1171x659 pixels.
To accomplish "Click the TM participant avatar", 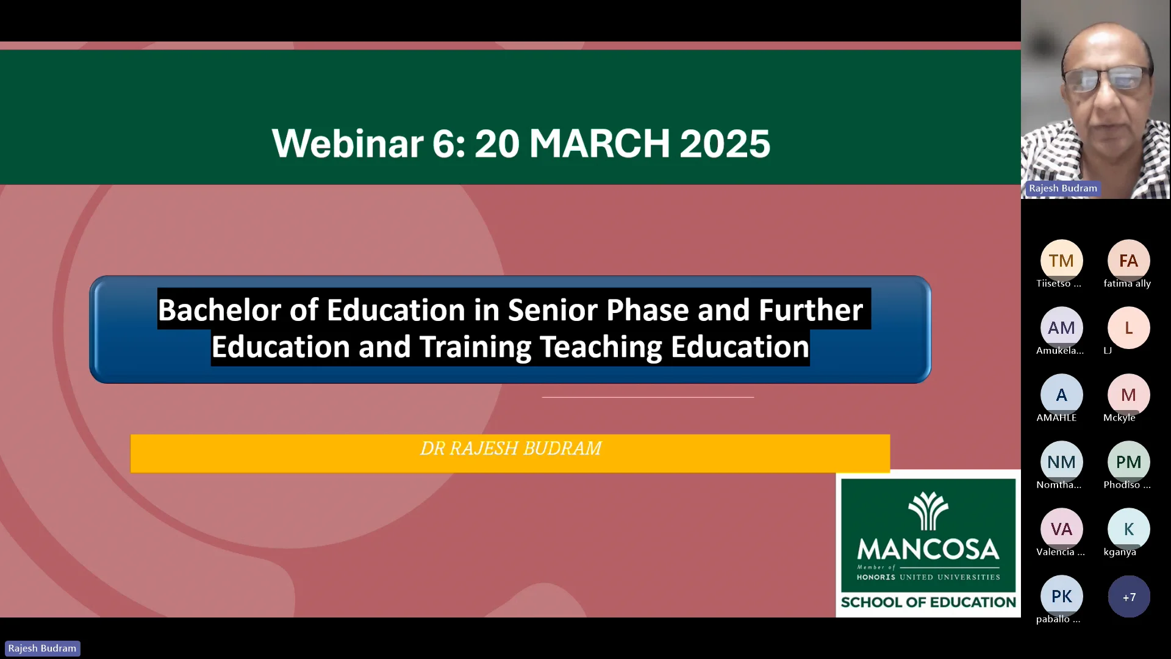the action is [x=1061, y=261].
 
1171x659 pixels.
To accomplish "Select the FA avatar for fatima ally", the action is [x=1128, y=261].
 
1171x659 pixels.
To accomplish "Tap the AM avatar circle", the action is [x=1061, y=328].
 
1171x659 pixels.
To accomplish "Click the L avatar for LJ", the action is [x=1128, y=328].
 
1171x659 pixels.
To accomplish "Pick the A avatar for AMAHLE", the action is [x=1061, y=395].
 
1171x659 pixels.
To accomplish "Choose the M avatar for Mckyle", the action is [x=1128, y=395].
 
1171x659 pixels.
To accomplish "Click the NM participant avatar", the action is [x=1061, y=462].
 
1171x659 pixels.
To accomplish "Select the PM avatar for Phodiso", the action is [x=1128, y=462].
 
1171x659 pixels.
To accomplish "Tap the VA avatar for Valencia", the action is [x=1061, y=529].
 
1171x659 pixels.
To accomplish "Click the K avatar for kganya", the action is [x=1128, y=529].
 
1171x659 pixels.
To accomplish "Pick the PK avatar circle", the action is [x=1061, y=596].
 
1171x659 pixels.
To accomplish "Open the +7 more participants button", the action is [x=1129, y=597].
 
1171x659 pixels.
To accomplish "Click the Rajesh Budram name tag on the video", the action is [x=1062, y=189].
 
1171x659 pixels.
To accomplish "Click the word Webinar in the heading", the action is [x=348, y=143].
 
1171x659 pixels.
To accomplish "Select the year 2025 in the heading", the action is [x=725, y=143].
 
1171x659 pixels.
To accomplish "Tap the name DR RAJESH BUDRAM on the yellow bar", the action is [x=510, y=448].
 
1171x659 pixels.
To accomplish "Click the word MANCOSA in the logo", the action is [x=928, y=549].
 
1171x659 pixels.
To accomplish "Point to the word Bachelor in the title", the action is [x=238, y=310].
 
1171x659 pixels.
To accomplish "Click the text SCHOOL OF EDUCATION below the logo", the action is [x=928, y=602].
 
